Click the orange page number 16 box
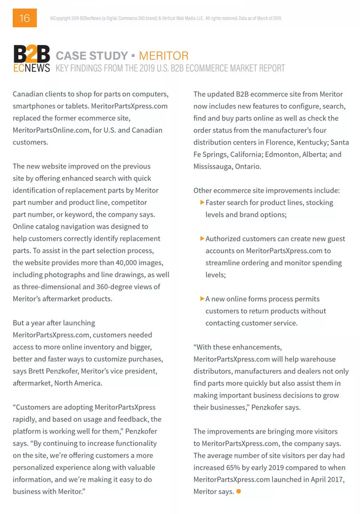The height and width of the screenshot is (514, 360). coord(24,18)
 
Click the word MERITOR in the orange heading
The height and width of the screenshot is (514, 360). coord(163,56)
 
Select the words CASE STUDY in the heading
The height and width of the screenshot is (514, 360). coord(92,56)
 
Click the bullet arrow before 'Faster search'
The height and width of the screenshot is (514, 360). coord(202,203)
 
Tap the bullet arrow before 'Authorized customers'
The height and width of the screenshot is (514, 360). coord(202,239)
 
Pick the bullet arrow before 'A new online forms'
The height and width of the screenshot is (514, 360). coord(202,298)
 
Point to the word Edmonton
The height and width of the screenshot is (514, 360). coord(281,154)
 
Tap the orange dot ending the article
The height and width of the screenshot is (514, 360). coord(239,491)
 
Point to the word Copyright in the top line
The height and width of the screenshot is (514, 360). coord(63,18)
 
